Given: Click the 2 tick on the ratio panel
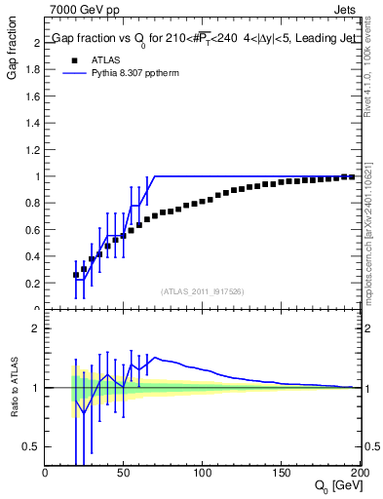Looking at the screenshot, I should pos(36,328).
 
